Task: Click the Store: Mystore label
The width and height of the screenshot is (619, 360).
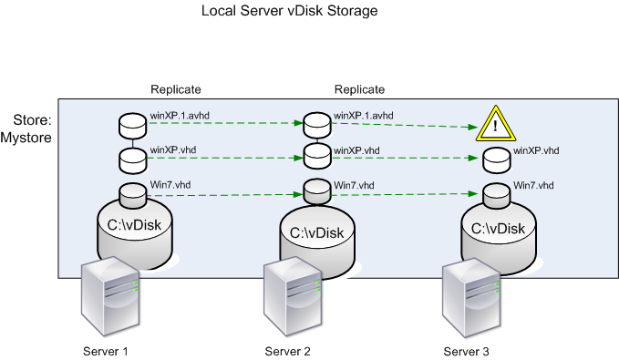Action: pos(31,129)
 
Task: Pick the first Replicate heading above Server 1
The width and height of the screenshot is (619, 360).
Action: pos(176,89)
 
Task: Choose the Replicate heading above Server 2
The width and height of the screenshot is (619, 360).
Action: pos(359,89)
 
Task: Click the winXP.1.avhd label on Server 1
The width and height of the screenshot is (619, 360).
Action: pos(180,116)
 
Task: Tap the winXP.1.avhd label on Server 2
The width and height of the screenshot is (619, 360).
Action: pos(364,116)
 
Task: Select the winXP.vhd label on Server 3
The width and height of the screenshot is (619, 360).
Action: pos(537,150)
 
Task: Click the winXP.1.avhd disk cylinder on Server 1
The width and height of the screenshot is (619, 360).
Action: pos(133,124)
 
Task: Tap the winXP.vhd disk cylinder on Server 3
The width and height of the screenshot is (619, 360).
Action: pos(496,159)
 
